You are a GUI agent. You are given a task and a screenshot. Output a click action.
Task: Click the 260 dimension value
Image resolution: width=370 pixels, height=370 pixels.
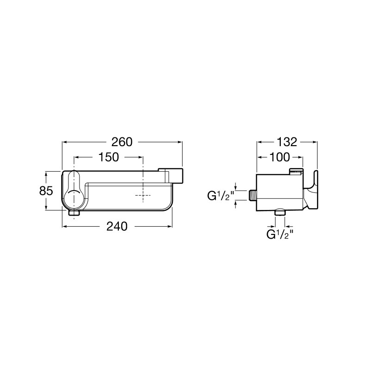click(122, 142)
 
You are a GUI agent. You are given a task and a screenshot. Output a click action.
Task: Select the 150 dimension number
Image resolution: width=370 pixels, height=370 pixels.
click(108, 157)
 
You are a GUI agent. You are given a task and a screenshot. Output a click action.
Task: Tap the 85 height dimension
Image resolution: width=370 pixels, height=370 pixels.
click(46, 191)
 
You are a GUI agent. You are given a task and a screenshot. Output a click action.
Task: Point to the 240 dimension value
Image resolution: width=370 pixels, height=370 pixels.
click(117, 227)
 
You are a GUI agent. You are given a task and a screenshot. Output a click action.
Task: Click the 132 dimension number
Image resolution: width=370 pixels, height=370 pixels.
click(287, 142)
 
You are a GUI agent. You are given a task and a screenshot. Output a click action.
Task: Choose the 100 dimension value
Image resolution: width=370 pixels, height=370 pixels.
click(279, 157)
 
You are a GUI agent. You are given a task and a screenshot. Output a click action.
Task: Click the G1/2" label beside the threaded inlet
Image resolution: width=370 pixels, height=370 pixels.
click(221, 196)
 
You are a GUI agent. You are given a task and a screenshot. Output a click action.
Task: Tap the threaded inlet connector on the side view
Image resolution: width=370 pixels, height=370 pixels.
click(253, 196)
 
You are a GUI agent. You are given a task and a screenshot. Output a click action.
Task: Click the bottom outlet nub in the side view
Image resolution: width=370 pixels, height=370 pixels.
click(280, 212)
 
